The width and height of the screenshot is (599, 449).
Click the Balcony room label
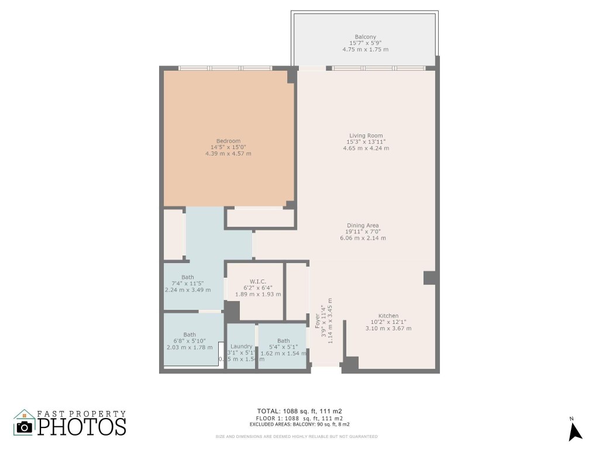click(365, 37)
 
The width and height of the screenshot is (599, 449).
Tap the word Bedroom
click(228, 141)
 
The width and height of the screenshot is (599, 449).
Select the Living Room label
click(366, 136)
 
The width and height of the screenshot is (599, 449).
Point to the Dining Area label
click(363, 226)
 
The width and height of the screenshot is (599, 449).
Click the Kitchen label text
click(388, 316)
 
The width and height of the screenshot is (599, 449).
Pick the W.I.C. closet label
click(257, 281)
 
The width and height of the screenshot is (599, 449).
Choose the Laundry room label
click(241, 346)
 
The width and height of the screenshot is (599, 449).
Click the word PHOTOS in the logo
click(82, 426)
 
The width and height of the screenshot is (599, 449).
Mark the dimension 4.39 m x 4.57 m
click(228, 154)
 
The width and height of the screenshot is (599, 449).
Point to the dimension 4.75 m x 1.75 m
click(365, 50)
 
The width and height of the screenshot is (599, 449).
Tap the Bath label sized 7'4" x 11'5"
click(187, 277)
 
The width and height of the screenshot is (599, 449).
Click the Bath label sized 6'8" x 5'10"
click(190, 335)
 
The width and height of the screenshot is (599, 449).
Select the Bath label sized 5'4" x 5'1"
click(283, 341)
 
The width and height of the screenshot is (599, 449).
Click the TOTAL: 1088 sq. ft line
click(299, 411)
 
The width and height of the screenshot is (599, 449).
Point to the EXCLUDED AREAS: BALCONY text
click(299, 424)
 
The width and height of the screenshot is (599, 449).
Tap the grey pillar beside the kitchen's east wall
click(429, 278)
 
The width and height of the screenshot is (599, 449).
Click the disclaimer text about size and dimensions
click(297, 437)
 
